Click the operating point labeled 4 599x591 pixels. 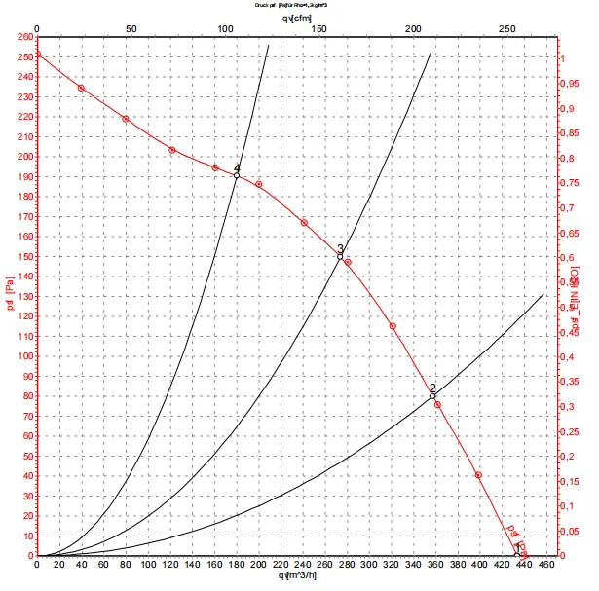(236, 176)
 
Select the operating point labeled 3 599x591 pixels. (340, 256)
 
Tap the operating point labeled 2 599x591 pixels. (432, 395)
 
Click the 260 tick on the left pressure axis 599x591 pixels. (21, 38)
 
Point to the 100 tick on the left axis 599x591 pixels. (21, 356)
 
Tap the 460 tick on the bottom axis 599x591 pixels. (545, 565)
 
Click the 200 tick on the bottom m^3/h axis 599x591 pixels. (258, 565)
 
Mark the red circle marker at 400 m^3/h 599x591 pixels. (478, 475)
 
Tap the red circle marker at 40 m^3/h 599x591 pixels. (81, 88)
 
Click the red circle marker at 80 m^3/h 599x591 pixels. (125, 119)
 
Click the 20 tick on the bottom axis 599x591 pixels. (58, 565)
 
